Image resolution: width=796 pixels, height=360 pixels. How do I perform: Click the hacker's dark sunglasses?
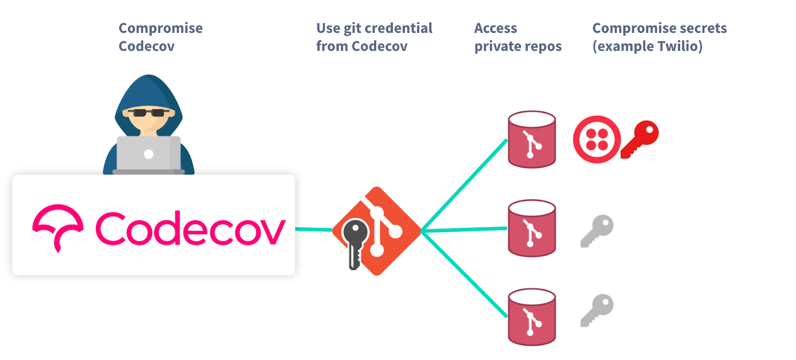coord(148,113)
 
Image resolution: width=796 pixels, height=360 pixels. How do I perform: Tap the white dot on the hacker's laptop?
coord(148,154)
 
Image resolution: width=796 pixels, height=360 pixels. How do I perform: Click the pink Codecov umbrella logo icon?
coord(58,227)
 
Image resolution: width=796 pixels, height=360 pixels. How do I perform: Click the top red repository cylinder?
coord(531,140)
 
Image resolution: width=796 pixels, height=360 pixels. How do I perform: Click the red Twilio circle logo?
coord(597,140)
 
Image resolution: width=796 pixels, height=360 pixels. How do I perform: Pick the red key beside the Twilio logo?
coord(640,139)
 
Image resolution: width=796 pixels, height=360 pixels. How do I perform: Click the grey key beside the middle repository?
coord(597,230)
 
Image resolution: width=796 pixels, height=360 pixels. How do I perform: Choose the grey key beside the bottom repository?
coord(597,310)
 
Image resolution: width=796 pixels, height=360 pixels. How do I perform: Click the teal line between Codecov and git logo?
coord(313,229)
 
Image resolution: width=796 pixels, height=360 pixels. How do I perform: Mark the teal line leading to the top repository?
coord(464,184)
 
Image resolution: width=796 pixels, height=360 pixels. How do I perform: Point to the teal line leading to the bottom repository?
coord(464,275)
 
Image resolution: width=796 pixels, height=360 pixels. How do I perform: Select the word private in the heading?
coord(497,46)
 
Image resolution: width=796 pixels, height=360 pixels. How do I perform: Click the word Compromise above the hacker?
coord(160,28)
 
